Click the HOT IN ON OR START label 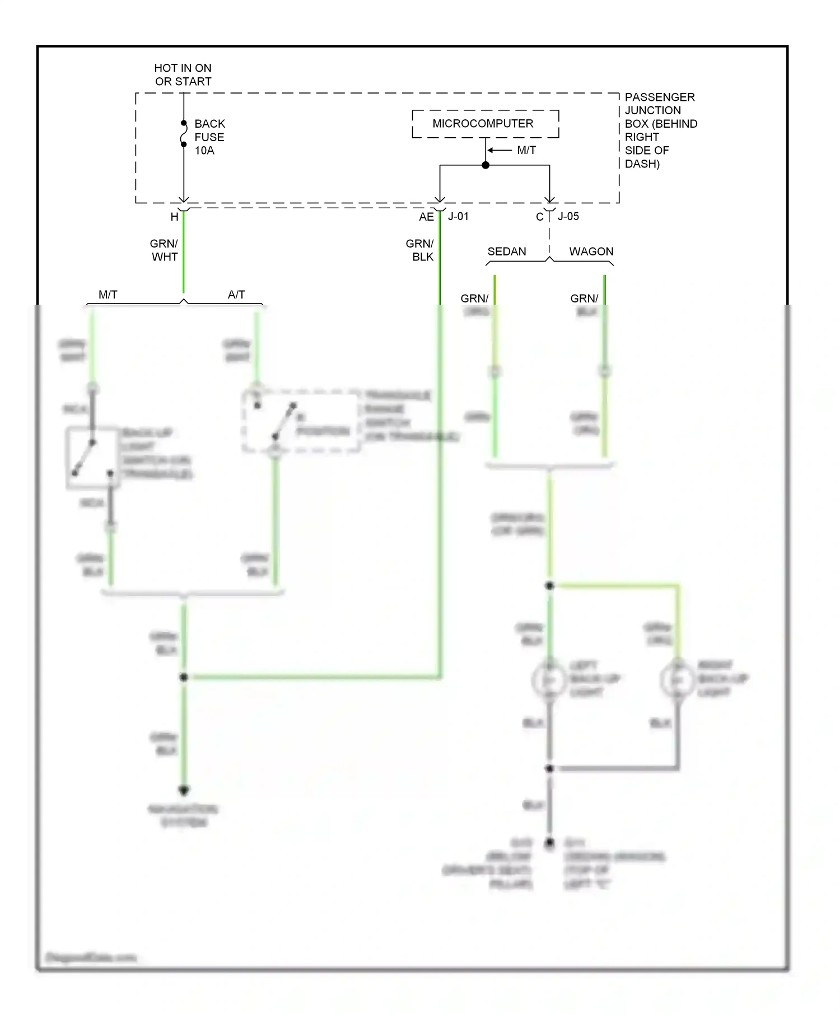coord(183,74)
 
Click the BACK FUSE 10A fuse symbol coord(184,134)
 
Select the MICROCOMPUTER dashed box coord(485,124)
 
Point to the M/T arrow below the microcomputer coord(499,150)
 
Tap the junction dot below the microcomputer coord(486,165)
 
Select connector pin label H coord(174,217)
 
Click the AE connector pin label coord(426,217)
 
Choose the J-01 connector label coord(458,216)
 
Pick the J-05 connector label coord(568,216)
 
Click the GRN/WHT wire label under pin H coord(164,250)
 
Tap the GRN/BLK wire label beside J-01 coord(420,250)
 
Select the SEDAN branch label coord(506,251)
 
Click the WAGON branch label coord(591,251)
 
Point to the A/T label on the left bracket coord(236,294)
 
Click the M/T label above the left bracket coord(108,294)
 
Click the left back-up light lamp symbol coord(549,679)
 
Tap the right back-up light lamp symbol coord(678,679)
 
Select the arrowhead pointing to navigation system coord(184,790)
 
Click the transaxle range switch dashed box coord(301,421)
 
